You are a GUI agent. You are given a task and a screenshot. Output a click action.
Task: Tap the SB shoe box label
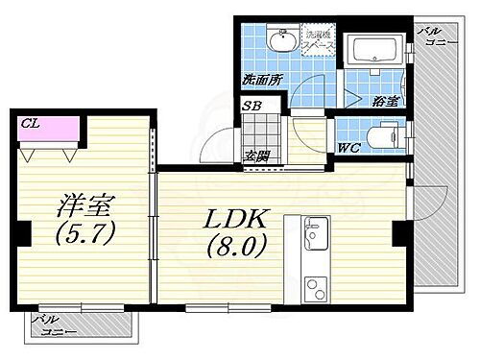coord(253,106)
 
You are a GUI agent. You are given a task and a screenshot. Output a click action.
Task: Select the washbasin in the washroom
coord(283,42)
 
